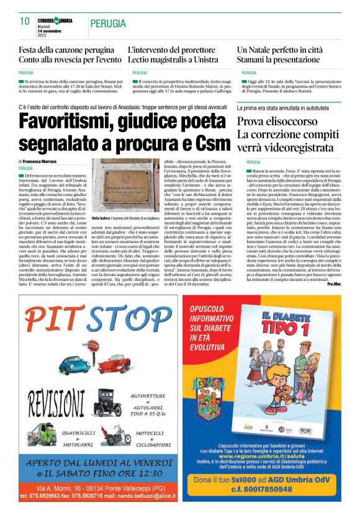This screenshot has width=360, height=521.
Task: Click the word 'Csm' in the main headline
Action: (x=214, y=143)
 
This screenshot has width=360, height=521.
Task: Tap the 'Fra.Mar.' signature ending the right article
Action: (x=333, y=283)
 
